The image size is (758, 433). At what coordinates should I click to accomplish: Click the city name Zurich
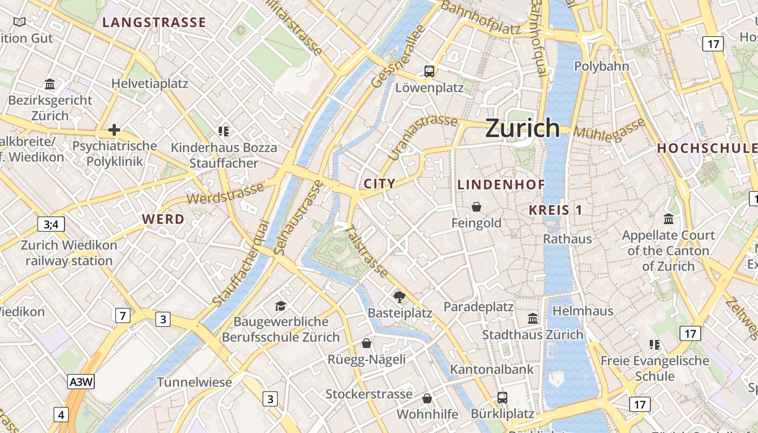(x=522, y=128)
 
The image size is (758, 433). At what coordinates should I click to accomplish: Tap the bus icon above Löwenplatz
(x=429, y=71)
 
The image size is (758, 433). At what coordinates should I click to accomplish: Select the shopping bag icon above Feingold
(x=476, y=207)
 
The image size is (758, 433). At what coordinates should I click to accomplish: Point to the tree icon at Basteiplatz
(x=400, y=296)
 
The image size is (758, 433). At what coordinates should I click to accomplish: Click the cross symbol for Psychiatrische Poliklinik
(x=114, y=130)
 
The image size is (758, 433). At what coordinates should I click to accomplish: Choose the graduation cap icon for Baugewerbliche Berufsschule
(x=280, y=306)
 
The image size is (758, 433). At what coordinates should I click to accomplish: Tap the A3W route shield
(x=81, y=382)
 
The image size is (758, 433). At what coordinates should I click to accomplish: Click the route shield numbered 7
(x=123, y=315)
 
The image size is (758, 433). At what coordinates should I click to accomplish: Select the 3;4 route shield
(x=51, y=224)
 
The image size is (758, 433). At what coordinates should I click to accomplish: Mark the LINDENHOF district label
(x=501, y=185)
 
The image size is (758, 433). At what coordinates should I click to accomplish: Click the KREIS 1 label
(x=556, y=210)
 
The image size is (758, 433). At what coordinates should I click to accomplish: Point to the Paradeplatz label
(x=479, y=307)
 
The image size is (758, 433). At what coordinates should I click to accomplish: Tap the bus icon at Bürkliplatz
(x=502, y=398)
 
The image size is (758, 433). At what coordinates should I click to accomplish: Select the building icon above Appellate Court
(x=669, y=219)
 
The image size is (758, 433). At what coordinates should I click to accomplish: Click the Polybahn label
(x=602, y=67)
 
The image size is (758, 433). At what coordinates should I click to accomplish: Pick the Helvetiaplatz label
(x=150, y=83)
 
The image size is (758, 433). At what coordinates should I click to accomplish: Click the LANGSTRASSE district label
(x=154, y=22)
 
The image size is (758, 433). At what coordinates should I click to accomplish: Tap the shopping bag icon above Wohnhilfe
(x=427, y=398)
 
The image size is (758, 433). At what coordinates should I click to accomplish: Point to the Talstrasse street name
(x=367, y=252)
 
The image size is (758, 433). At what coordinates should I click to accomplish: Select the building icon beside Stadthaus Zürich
(x=533, y=319)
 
